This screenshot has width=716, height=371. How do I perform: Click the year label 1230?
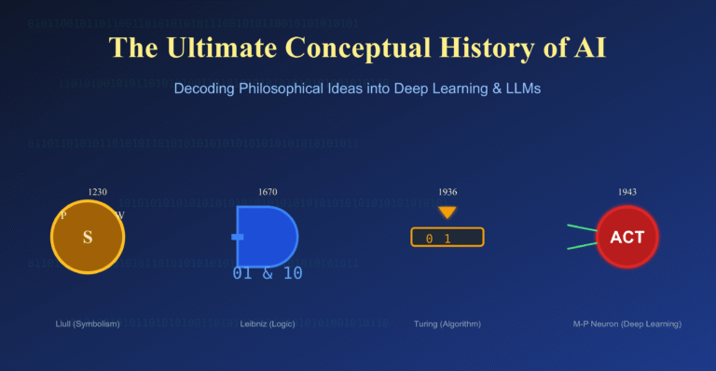pos(97,192)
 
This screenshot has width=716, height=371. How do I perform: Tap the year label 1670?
pos(268,192)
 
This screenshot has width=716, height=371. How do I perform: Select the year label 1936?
pos(447,192)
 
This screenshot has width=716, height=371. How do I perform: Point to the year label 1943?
pos(627,192)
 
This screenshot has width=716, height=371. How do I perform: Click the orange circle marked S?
pos(88,238)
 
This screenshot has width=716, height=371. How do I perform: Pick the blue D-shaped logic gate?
pos(266,234)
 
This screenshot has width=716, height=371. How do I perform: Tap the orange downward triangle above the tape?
pos(447,213)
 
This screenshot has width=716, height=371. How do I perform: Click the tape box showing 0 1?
pos(447,238)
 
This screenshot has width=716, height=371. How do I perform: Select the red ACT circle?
pos(626,237)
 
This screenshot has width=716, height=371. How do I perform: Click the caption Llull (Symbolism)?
pos(88,324)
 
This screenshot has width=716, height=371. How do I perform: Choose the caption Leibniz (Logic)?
pos(268,324)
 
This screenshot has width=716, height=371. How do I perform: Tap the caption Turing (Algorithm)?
pos(447,324)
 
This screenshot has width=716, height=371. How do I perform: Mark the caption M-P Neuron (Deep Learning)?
pos(626,324)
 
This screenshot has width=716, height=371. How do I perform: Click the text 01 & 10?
pos(268,274)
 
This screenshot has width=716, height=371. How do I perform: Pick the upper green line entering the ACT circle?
pos(583,228)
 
